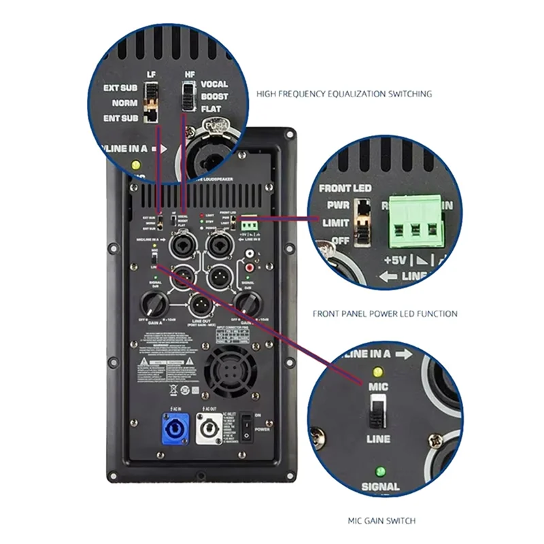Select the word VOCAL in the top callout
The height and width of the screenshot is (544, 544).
214,85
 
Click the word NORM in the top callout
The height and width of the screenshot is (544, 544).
125,103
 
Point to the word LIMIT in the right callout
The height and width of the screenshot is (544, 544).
336,222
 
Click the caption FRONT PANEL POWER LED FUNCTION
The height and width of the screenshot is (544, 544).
385,314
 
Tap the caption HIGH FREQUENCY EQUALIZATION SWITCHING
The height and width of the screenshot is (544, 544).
344,94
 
